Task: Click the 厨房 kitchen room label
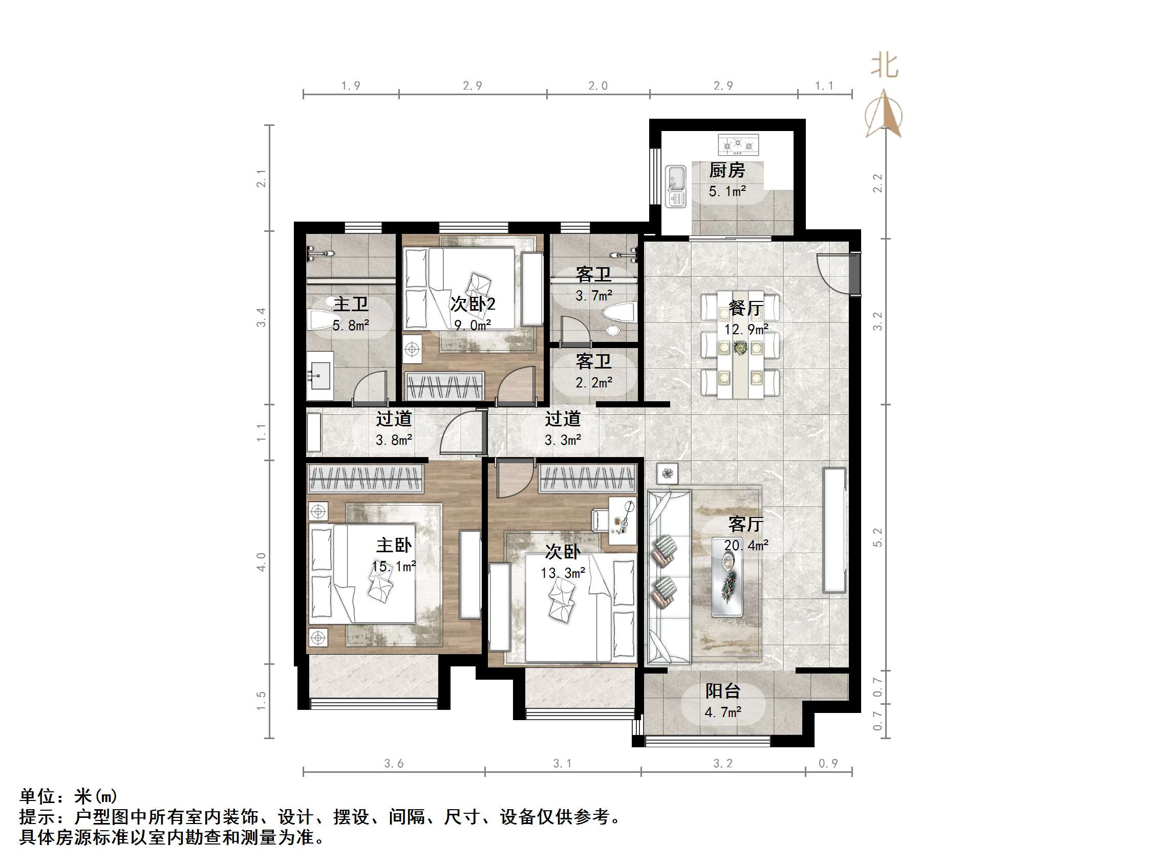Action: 726,170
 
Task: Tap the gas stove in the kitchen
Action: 738,145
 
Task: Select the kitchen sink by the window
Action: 676,186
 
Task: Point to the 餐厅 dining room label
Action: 745,308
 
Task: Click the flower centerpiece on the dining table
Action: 740,348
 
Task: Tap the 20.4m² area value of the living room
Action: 745,546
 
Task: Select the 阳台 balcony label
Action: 723,691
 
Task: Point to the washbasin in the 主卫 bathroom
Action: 319,376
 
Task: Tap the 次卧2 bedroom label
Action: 473,304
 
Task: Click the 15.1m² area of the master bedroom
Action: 394,567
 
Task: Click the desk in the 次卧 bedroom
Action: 623,521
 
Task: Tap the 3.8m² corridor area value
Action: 394,440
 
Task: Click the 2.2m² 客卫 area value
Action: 594,383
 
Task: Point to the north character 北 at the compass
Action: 884,67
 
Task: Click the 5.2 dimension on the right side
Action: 878,537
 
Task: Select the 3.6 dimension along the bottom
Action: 394,764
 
